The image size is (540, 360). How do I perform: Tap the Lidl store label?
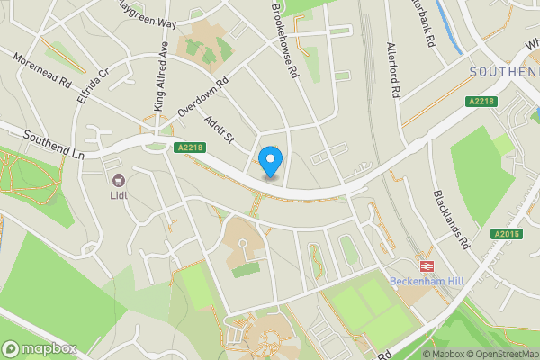tap(117, 192)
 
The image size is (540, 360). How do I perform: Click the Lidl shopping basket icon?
tap(118, 176)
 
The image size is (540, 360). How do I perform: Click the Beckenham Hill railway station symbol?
tap(425, 265)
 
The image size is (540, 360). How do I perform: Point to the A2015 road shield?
tap(507, 234)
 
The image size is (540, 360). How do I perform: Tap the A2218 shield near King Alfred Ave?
tap(191, 148)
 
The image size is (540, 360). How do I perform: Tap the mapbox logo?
tap(40, 348)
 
